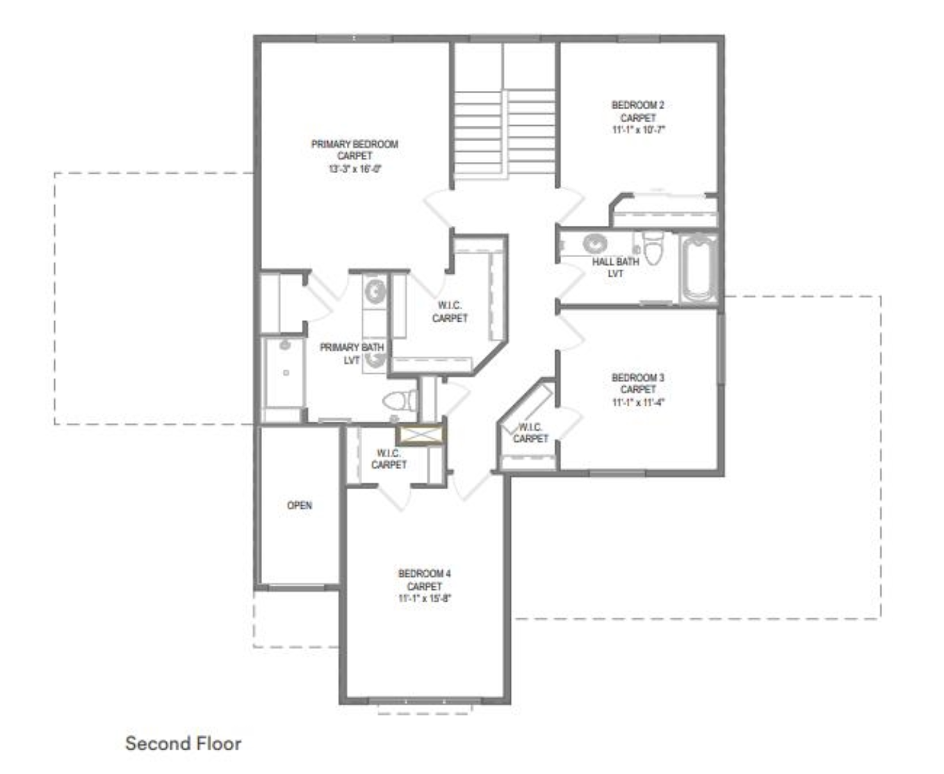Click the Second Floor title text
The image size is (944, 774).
(184, 743)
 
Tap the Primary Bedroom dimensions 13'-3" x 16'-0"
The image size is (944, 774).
(355, 169)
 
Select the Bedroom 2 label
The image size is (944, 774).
(638, 105)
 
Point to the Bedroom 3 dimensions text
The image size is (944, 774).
(638, 402)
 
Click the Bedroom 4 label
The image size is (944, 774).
(424, 573)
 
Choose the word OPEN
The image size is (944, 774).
(300, 505)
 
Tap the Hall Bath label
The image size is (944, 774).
(615, 261)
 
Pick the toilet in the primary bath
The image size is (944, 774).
(400, 400)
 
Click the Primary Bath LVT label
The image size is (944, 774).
(352, 354)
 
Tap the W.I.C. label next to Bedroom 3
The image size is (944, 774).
(530, 433)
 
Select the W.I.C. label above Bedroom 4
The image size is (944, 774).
(389, 459)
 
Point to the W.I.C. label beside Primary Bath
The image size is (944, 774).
(450, 312)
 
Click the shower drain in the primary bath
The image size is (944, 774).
(286, 372)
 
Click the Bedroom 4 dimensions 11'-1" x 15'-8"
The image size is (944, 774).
(424, 598)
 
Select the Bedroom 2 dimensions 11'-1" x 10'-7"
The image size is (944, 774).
(638, 130)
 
